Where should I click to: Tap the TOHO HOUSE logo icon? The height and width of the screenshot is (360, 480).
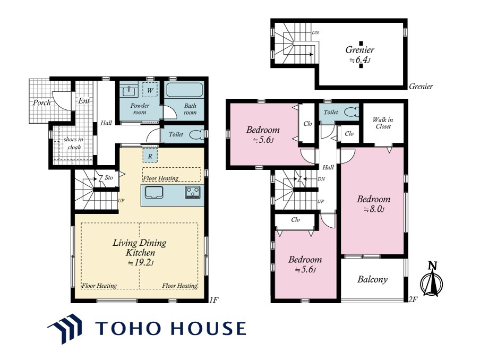65,329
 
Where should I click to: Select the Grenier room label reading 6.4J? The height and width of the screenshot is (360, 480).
360,59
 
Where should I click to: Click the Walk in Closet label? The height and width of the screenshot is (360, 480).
383,123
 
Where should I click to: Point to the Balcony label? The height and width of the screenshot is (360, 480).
373,279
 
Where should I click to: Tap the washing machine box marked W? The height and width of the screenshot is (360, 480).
150,90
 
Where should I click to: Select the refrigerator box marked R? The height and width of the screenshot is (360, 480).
150,156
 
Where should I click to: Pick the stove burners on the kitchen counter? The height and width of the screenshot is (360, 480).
193,192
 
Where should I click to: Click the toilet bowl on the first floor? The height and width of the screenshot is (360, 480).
196,135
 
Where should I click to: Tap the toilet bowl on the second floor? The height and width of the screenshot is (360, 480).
352,113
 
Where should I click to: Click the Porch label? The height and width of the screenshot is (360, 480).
41,102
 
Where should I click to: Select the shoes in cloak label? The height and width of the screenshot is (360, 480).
73,143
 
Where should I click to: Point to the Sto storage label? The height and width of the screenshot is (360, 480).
109,177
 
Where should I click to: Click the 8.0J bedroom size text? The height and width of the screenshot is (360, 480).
374,209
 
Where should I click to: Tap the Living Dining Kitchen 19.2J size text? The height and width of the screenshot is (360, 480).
141,263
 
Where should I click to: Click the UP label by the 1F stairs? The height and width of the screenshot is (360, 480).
121,201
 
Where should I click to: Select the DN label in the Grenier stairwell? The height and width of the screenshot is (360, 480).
315,32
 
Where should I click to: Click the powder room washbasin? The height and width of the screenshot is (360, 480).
129,90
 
